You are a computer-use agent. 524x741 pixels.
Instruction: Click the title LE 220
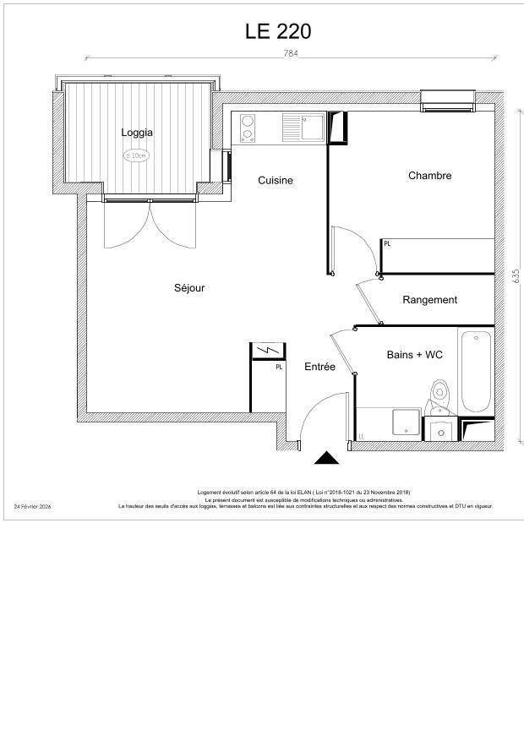pos(278,32)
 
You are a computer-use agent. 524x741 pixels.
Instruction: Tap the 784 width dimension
pos(291,53)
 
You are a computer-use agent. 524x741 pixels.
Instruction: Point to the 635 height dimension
pos(515,276)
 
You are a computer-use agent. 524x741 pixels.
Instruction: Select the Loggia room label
pos(137,133)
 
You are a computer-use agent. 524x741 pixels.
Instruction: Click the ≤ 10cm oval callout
pos(137,155)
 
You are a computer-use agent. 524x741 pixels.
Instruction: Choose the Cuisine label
pos(276,180)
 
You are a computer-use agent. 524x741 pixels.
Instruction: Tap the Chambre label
pos(429,176)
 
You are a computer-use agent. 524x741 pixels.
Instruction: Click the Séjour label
pos(189,288)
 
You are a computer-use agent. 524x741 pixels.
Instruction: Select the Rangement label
pos(429,300)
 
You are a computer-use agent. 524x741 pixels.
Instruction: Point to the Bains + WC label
pos(414,355)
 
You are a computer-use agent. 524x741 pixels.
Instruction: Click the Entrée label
pos(319,367)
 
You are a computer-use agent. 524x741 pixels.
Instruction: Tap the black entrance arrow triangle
pos(326,459)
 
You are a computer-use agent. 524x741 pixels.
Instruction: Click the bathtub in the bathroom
pos(476,372)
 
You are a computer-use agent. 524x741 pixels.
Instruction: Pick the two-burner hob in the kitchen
pos(248,128)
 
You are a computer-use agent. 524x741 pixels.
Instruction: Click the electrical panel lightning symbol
pos(268,350)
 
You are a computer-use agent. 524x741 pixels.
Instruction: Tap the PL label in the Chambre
pos(387,243)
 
